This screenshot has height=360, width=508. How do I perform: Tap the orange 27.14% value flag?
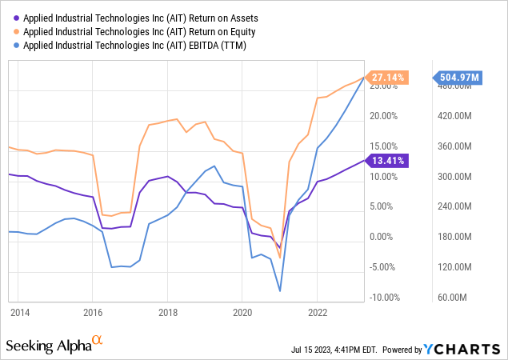[387, 78]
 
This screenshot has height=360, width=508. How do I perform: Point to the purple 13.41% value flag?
[387, 160]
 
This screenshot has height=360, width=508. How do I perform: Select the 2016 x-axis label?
[94, 312]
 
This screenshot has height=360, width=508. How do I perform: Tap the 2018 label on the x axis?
[167, 312]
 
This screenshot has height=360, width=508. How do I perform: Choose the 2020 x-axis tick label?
[242, 312]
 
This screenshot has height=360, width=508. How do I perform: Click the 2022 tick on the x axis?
[318, 312]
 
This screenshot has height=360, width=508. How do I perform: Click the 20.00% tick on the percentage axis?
[384, 116]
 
